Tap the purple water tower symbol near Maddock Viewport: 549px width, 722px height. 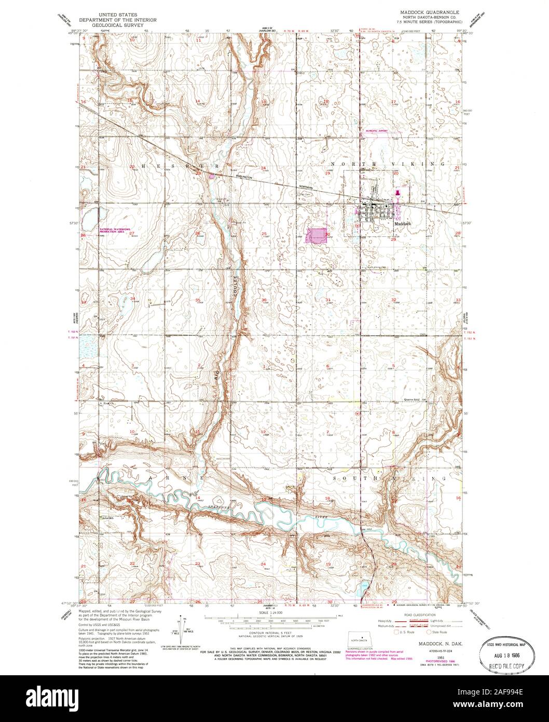coord(398,193)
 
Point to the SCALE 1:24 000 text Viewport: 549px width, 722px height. coord(271,613)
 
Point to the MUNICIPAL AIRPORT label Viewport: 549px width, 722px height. coord(377,131)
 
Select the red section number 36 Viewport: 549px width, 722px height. coord(264,300)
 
